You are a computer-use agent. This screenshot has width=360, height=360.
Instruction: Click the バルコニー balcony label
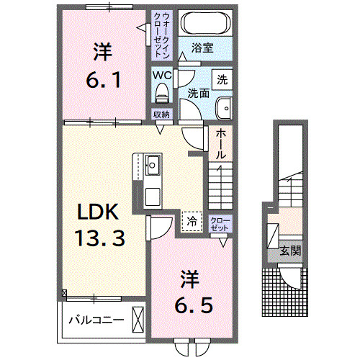(96, 320)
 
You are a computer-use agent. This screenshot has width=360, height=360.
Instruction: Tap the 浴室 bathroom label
(203, 50)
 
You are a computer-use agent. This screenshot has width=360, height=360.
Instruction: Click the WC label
(161, 73)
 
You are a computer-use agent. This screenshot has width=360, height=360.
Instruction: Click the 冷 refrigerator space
(191, 222)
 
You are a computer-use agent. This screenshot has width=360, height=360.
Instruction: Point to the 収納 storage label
(161, 114)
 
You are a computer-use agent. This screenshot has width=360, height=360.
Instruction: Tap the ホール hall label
(220, 144)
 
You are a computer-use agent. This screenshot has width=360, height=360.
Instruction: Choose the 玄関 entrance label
(290, 251)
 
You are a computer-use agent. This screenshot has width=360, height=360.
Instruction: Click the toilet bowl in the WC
(161, 91)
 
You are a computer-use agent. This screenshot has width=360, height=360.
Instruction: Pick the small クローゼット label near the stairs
(220, 224)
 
